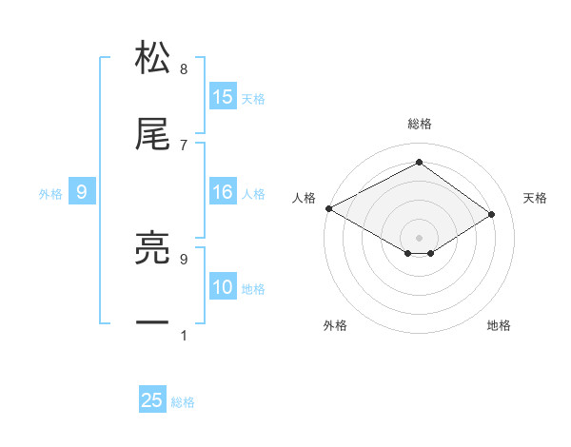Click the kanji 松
tap(153, 58)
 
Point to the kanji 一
tap(153, 323)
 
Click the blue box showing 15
tap(223, 97)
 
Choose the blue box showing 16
tap(223, 193)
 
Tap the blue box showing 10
tap(223, 288)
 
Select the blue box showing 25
tap(152, 400)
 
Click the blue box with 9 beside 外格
tap(82, 193)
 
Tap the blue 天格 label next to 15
tap(253, 98)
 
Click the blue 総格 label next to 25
tap(183, 401)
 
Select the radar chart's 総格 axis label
tap(419, 124)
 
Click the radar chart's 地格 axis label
tap(499, 325)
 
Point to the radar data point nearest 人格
tap(328, 208)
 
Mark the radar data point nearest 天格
tap(492, 215)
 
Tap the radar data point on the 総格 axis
tap(419, 163)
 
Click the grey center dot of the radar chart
tap(419, 237)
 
